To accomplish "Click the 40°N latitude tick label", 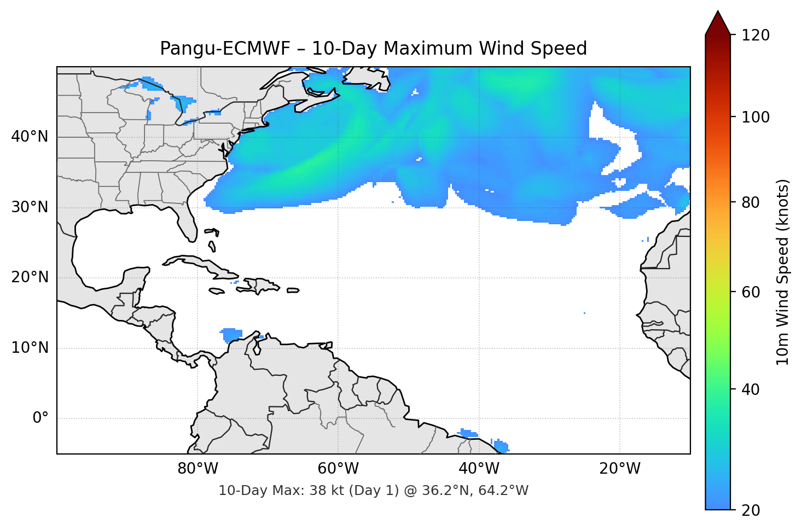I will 30,137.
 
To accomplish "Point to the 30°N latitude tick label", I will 30,207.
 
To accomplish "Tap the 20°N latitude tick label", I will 30,277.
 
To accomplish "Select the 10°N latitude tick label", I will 30,348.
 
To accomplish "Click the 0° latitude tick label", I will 40,418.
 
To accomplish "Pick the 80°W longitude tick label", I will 198,469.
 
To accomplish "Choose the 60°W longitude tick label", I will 339,469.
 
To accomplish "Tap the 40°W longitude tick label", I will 479,469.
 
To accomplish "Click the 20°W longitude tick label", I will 620,469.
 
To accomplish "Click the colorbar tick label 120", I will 755,36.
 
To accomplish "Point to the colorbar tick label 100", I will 755,117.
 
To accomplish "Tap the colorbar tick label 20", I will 751,510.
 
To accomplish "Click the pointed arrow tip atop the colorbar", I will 718,13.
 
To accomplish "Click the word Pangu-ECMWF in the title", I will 225,49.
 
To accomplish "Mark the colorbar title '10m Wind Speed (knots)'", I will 783,272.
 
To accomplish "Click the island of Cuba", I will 200,265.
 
